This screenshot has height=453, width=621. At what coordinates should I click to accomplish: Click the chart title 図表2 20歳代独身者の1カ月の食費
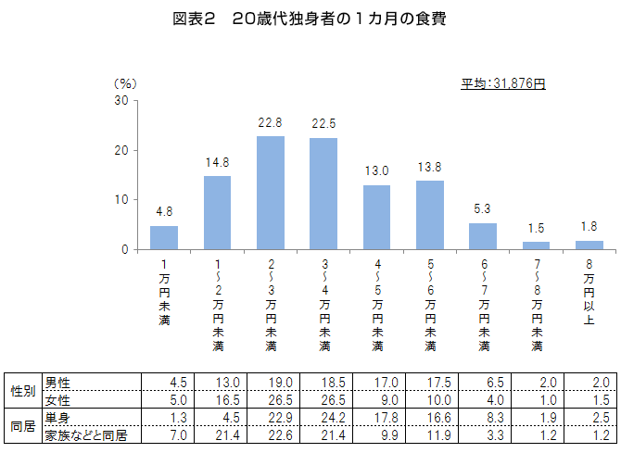pos(309,19)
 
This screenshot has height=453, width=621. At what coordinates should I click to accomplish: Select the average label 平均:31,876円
pos(503,84)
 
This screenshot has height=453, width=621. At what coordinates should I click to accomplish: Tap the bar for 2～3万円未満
pos(271,193)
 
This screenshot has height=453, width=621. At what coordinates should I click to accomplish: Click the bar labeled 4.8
pos(164,238)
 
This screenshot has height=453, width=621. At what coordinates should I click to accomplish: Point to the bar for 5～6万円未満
pos(430,215)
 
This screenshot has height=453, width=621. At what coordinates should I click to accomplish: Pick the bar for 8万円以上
pos(589,245)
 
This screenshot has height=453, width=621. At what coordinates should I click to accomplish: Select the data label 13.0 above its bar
pos(376,171)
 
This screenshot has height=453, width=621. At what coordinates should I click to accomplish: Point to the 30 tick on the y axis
pos(121,100)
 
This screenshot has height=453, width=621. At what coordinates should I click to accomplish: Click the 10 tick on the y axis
pos(121,200)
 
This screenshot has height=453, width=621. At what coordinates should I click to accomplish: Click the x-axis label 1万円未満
pos(164,293)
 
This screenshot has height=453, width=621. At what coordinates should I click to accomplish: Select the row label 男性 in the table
pos(57,383)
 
